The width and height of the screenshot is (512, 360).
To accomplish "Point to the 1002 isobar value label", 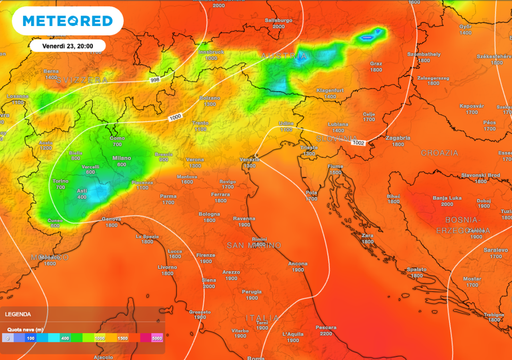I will pyautogui.click(x=358, y=143).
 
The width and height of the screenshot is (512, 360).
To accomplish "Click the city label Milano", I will pyautogui.click(x=121, y=158).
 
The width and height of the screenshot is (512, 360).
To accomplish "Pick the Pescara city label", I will pyautogui.click(x=325, y=326).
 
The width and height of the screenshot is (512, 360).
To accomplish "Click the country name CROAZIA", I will pyautogui.click(x=440, y=152).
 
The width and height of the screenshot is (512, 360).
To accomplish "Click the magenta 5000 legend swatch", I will pyautogui.click(x=157, y=339).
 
